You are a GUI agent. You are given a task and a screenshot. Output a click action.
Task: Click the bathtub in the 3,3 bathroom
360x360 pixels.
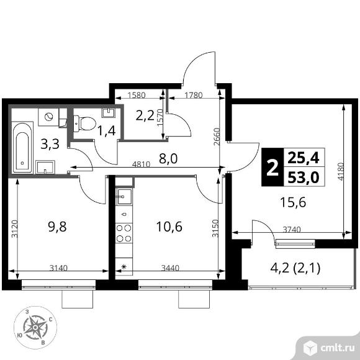[22, 147]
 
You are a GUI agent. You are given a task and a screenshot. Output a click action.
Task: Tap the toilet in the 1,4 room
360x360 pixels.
[84, 124]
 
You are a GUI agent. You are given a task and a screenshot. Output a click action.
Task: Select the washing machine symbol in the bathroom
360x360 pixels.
[48, 117]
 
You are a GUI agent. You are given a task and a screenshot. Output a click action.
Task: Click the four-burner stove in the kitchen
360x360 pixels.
[124, 233]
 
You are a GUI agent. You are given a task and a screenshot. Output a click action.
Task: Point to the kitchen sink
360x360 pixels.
[124, 197]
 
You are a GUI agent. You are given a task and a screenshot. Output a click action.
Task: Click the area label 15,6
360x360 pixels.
[293, 203]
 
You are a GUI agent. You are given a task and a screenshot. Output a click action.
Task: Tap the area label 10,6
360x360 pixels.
[169, 227]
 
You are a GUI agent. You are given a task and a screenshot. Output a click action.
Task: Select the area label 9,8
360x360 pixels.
[57, 227]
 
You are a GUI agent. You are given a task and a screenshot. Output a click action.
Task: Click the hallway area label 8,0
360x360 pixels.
[168, 159]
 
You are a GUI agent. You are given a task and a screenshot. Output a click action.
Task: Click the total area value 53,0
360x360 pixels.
[304, 178]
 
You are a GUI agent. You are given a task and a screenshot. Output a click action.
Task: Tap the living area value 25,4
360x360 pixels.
[304, 158]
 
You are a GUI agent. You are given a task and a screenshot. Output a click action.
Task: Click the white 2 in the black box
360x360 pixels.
[272, 168]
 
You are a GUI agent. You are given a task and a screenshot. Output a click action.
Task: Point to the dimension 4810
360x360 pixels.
[142, 164]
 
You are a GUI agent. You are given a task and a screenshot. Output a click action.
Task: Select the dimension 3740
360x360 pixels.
[292, 230]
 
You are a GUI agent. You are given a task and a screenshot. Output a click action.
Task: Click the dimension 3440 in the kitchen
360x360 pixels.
[170, 268]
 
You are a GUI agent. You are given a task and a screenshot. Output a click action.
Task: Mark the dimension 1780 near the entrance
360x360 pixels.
[193, 95]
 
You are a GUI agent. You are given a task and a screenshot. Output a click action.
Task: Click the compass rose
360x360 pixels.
[35, 327]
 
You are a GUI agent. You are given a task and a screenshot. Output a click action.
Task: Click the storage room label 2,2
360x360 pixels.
[145, 116]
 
